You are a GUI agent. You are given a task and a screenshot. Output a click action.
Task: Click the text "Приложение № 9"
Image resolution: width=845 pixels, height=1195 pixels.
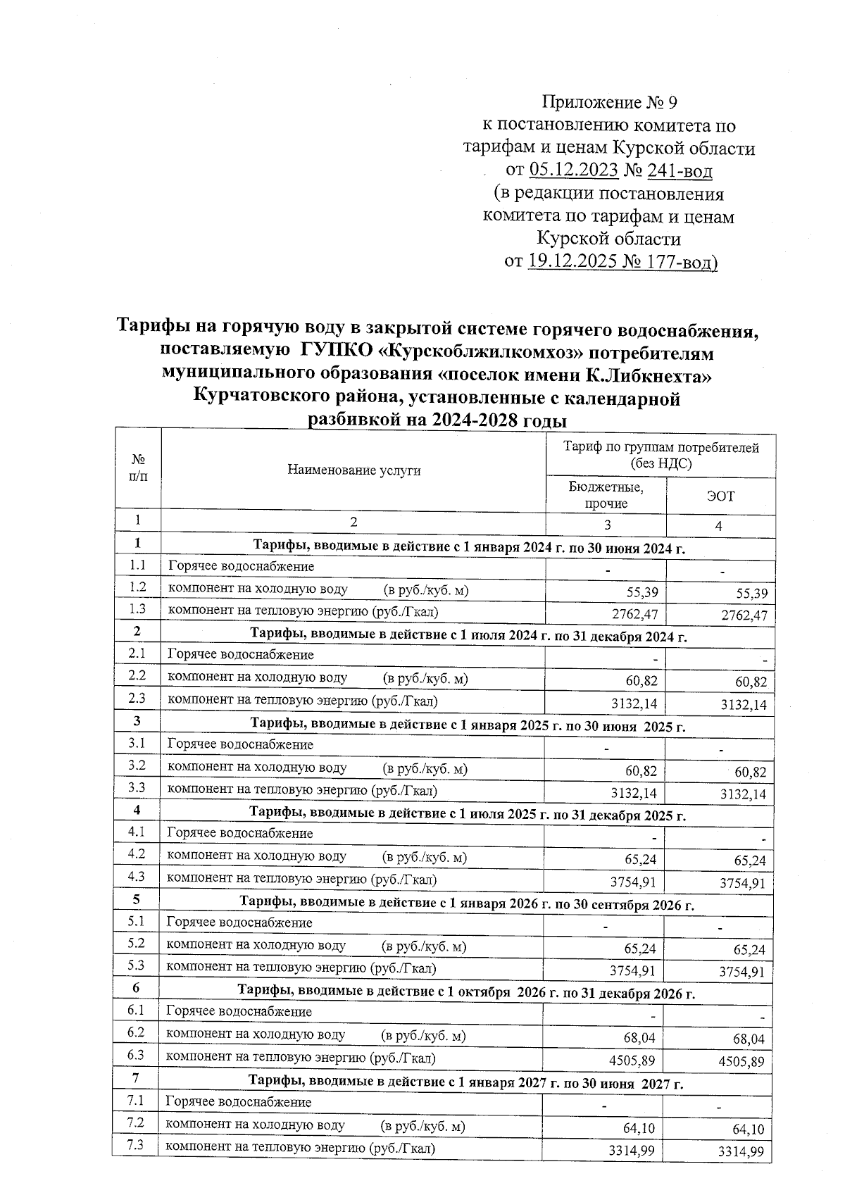pos(610,104)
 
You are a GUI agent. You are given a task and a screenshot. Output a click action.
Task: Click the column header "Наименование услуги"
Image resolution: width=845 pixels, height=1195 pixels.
pos(354,470)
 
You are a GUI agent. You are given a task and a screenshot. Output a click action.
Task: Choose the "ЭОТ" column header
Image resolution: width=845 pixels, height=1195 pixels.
pos(720,496)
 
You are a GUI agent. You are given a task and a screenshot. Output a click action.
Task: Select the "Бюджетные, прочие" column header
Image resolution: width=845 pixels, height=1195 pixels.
pos(606,496)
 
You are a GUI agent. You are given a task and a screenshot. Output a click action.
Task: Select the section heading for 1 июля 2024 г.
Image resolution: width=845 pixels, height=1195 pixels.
pos(468,637)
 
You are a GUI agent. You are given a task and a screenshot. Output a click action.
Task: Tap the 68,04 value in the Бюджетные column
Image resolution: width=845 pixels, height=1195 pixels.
pos(638,1038)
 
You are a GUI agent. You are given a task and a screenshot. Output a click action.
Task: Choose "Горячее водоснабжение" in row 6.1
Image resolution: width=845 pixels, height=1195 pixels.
pos(239,1012)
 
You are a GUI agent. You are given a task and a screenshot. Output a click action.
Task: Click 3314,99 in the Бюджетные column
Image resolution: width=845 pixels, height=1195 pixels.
pos(632,1151)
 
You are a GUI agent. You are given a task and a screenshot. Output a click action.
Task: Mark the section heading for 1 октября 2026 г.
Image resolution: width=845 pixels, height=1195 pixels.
pos(465,994)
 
